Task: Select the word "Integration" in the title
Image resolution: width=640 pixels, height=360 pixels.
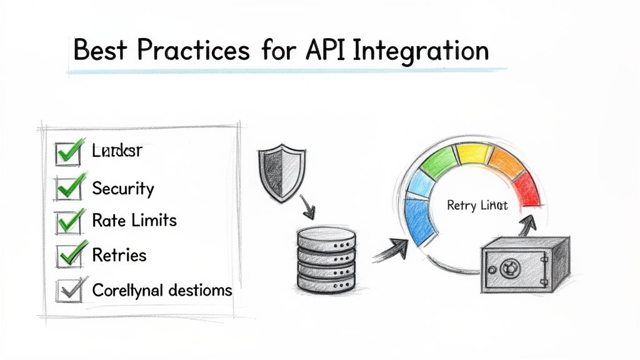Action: (421, 50)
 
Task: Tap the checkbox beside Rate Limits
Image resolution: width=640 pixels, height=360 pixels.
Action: (67, 221)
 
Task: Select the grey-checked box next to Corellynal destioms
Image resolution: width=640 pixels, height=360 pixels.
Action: (67, 289)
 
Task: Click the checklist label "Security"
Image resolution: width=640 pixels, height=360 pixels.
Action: (122, 188)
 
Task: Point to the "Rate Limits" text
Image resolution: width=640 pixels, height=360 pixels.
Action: (134, 221)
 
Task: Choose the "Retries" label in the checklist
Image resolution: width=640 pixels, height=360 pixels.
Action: (119, 255)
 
